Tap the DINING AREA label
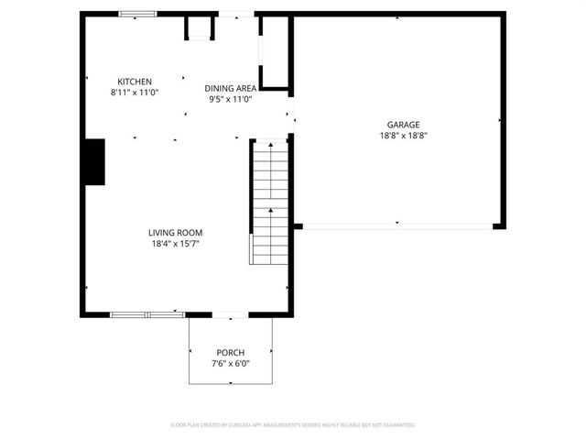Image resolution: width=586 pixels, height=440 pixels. [230, 88]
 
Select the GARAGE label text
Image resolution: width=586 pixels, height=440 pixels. [403, 125]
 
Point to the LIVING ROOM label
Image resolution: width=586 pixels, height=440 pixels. [176, 233]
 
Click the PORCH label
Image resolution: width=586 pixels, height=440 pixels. [231, 353]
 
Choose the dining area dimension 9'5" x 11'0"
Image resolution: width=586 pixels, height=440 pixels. [230, 99]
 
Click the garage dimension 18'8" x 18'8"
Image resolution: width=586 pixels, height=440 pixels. [403, 136]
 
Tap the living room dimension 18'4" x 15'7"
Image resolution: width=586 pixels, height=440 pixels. [176, 244]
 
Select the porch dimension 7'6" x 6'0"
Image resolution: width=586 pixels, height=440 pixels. [231, 364]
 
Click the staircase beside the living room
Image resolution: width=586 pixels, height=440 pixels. [269, 202]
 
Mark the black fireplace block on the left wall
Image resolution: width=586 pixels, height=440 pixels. [94, 162]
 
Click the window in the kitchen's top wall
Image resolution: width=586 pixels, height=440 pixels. [138, 14]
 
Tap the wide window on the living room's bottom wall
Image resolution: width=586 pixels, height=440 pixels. [147, 314]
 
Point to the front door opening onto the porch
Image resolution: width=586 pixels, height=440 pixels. [230, 315]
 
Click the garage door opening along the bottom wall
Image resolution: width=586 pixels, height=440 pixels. [397, 225]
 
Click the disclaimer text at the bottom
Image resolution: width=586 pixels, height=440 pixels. [293, 425]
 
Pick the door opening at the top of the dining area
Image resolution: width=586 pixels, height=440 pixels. [236, 14]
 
